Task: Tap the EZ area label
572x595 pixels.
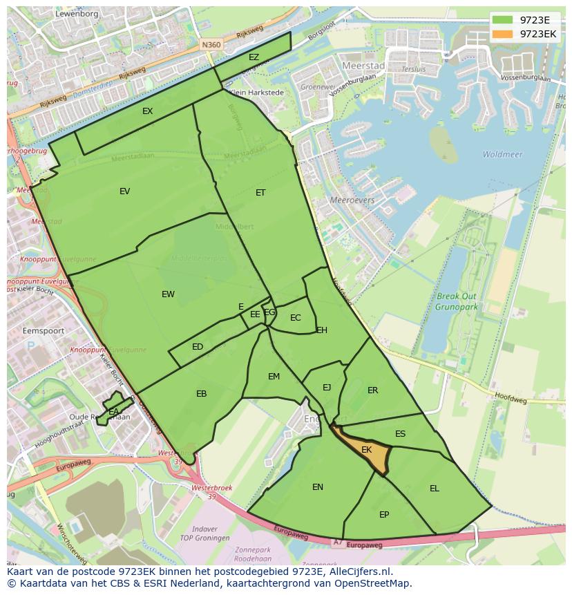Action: tap(254, 57)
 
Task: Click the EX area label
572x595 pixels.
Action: tap(147, 111)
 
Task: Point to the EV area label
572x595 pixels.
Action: tap(124, 191)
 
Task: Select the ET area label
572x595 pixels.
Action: tap(260, 193)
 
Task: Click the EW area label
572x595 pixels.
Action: tap(168, 294)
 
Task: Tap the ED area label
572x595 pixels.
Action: tap(198, 347)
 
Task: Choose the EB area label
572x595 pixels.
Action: tap(201, 394)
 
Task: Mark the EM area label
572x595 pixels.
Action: tap(274, 377)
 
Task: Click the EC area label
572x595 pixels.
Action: tap(296, 318)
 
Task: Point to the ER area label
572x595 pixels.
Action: tap(372, 390)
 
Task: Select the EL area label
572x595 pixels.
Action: tap(434, 489)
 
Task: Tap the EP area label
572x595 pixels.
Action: tap(384, 515)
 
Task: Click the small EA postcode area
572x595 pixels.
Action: tap(114, 411)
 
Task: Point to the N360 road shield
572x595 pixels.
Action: tap(211, 45)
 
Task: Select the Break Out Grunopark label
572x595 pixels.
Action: tap(457, 302)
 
